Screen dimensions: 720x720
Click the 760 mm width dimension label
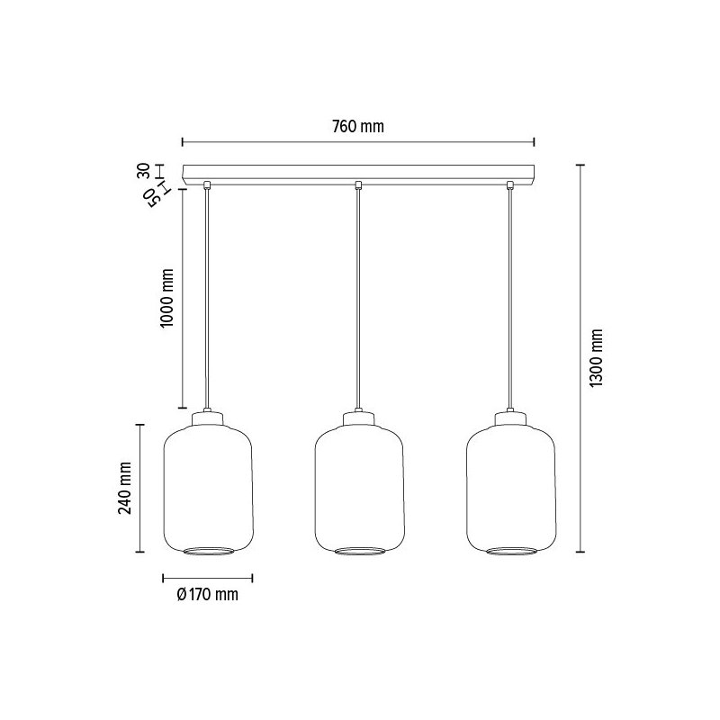tap(358, 127)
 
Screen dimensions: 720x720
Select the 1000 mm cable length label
tap(167, 298)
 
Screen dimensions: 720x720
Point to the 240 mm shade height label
tap(125, 488)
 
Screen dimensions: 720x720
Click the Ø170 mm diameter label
tap(208, 594)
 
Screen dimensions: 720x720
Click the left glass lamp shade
tap(207, 486)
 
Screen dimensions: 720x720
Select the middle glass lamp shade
tap(359, 486)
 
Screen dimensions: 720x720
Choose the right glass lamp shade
tap(511, 486)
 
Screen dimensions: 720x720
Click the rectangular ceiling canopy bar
tap(358, 173)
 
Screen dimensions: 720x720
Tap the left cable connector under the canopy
tap(207, 186)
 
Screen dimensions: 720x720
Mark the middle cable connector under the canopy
tap(359, 186)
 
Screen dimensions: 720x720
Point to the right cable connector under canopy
tap(511, 186)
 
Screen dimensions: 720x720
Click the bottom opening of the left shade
tap(207, 550)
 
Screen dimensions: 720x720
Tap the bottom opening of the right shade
tap(511, 550)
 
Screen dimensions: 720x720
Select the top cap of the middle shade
tap(359, 417)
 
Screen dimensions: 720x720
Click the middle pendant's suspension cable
tap(359, 297)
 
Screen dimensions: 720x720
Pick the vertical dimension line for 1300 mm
tap(580, 358)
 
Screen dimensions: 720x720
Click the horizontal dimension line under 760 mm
tap(358, 141)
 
